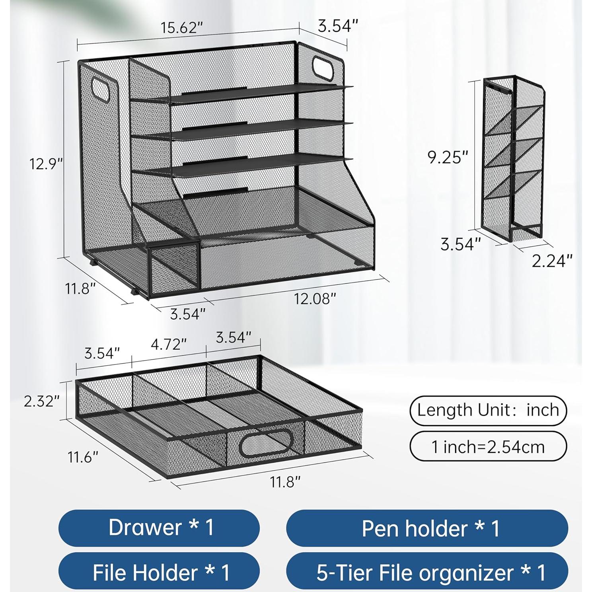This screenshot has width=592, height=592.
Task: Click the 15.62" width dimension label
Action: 182,28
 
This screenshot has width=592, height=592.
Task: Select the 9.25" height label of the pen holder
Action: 448,158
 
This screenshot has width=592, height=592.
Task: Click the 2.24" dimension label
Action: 552,261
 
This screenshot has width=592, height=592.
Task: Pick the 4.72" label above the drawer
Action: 168,344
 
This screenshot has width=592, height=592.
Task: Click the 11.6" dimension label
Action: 82,458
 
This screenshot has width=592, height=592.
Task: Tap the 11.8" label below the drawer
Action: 285,482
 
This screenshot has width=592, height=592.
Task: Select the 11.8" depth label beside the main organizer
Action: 81,288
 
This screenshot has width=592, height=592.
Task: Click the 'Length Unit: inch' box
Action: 488,410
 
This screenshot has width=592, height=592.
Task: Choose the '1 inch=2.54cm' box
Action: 488,446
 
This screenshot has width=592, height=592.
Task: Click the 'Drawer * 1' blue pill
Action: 160,528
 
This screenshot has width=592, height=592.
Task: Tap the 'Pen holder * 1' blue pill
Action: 427,528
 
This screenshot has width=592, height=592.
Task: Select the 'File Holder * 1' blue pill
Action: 160,572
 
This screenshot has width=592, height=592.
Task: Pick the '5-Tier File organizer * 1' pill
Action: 427,572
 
